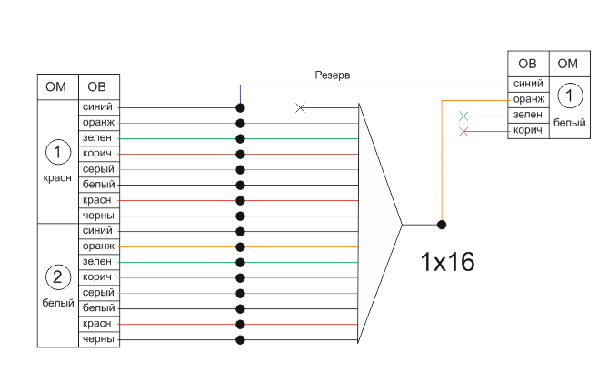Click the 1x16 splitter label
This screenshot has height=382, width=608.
(x=447, y=262)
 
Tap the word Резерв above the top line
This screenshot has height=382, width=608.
(x=332, y=75)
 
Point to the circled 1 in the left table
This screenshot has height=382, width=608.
(x=57, y=150)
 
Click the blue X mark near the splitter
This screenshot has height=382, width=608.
(x=301, y=108)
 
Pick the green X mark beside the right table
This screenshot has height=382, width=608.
(x=464, y=116)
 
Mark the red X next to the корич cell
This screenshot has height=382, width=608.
(x=464, y=132)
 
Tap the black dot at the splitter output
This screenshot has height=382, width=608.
(x=442, y=224)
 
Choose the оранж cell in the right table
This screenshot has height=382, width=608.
(x=528, y=99)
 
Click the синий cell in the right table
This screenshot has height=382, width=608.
(x=528, y=84)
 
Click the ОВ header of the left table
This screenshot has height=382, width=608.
(x=97, y=87)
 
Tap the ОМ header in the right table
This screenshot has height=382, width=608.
(x=568, y=64)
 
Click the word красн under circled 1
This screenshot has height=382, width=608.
(x=57, y=178)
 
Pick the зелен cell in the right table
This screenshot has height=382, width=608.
(x=528, y=115)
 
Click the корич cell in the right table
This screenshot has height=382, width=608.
(x=528, y=131)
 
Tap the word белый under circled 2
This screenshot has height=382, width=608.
(x=57, y=303)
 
